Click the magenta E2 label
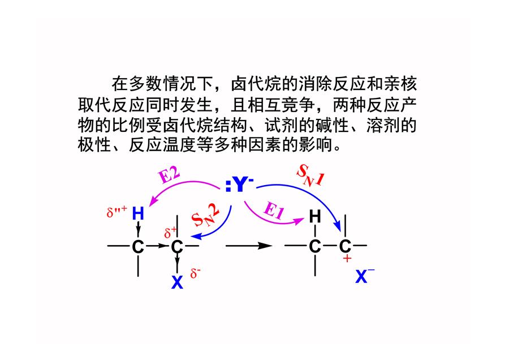pos(169,176)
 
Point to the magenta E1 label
pos(274,210)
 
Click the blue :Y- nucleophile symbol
pos(239,185)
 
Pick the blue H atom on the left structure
pos(138,214)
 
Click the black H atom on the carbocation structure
pos(315,216)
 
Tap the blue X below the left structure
pos(177,282)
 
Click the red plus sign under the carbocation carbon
pos(347,259)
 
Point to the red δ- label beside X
pos(195,273)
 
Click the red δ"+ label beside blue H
pos(117,212)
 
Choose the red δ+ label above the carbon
pos(170,232)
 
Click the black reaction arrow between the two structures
pos(249,246)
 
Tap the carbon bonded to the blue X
pos(177,247)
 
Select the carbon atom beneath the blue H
pos(138,247)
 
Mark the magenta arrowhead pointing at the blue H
pos(153,202)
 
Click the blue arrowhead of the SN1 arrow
pos(338,226)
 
